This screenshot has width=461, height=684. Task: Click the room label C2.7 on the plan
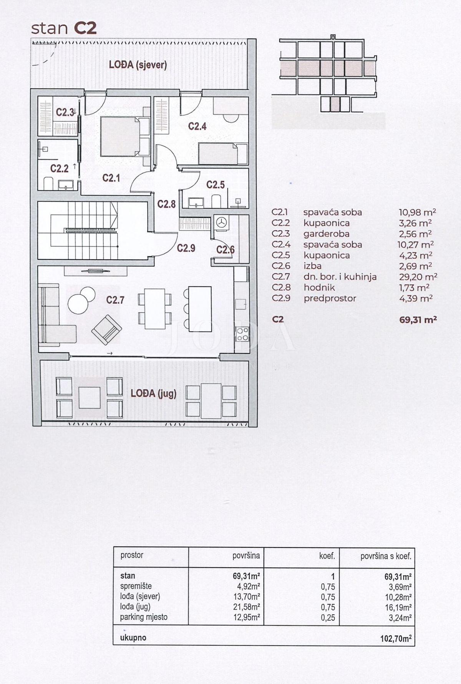[115, 300]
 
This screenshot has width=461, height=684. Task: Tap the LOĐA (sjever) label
[138, 65]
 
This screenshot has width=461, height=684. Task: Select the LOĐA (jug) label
[153, 393]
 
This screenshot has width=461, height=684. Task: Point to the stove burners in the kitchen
[242, 334]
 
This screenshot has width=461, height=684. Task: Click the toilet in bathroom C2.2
[48, 184]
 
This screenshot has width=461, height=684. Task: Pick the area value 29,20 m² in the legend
[418, 277]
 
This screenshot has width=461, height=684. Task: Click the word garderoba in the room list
[326, 234]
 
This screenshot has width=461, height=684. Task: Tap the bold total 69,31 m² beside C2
[418, 319]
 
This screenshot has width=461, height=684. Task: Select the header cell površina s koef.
[386, 556]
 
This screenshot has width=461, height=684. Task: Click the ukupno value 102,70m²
[395, 639]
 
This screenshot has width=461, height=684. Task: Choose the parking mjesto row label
[144, 617]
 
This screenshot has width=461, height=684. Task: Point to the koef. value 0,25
[328, 618]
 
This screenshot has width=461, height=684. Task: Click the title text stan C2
[63, 28]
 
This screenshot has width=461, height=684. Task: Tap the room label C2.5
[215, 185]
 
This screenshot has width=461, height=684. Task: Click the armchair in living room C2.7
[106, 329]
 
